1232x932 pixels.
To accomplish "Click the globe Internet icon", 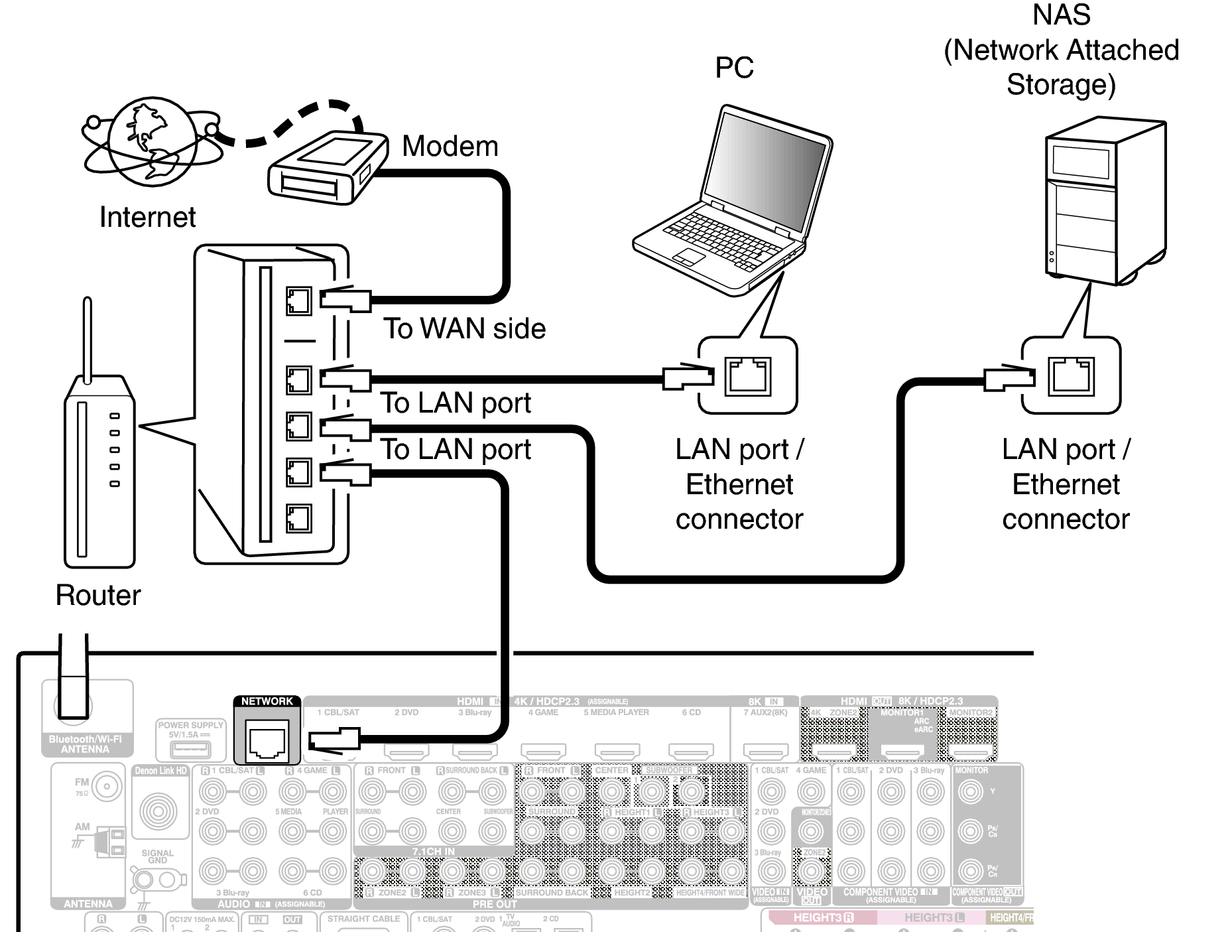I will tap(152, 141).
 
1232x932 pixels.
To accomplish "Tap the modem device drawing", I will tap(327, 168).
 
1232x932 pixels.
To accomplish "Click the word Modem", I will tap(450, 146).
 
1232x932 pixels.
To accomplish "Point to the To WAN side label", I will tap(464, 328).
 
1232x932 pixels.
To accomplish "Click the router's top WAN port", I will tap(298, 301).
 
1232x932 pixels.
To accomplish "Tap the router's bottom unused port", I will tap(298, 518).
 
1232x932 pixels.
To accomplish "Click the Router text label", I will tap(98, 595).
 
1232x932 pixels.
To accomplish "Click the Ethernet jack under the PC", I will tap(747, 376).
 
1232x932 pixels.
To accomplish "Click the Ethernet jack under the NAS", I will tap(1071, 376).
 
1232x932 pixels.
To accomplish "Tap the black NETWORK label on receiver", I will tap(267, 701).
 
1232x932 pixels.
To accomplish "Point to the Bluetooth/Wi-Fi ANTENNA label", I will tap(86, 744).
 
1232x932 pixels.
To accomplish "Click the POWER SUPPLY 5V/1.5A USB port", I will tap(190, 749).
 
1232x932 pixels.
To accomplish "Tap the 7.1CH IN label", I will tap(434, 851).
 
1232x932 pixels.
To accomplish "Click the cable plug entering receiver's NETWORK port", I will tap(335, 739).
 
